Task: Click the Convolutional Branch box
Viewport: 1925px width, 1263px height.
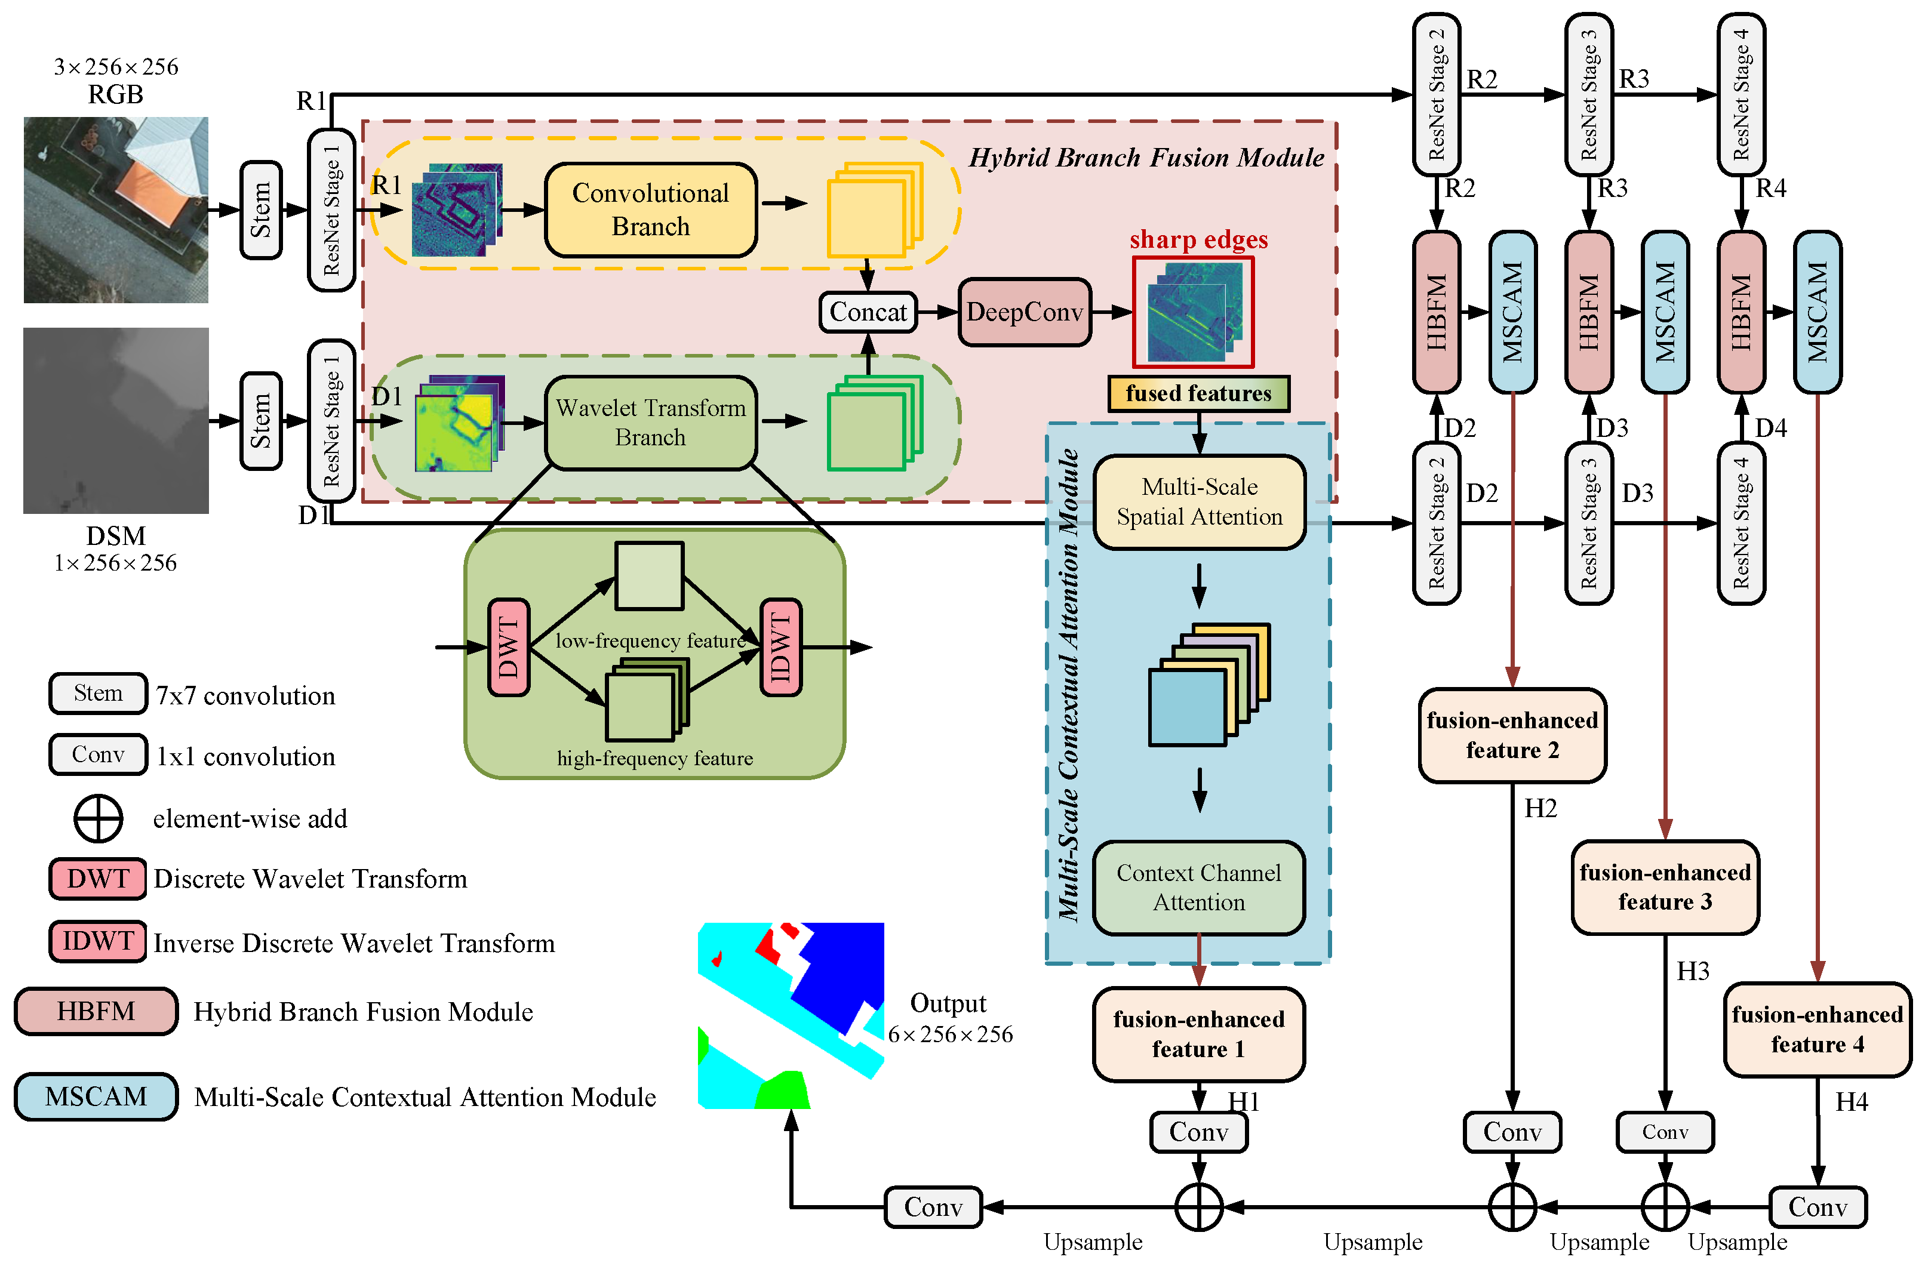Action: coord(650,210)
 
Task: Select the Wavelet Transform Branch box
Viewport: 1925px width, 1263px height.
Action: coord(650,422)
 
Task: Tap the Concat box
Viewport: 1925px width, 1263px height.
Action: coord(868,312)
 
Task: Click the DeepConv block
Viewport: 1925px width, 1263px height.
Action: coord(1024,312)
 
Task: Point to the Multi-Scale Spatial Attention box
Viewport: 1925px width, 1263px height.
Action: coord(1199,502)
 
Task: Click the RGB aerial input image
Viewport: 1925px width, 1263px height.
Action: coord(116,210)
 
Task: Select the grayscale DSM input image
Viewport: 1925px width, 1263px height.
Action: coord(116,420)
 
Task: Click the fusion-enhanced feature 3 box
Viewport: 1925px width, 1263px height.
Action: coord(1665,887)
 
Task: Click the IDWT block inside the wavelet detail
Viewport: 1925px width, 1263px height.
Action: coord(780,647)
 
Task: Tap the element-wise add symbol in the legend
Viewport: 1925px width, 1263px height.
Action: coord(98,818)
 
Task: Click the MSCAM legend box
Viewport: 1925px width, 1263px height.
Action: coord(96,1096)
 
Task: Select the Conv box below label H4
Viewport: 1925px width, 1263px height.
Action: coord(1818,1206)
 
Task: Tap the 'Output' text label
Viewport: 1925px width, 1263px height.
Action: coord(948,1003)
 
